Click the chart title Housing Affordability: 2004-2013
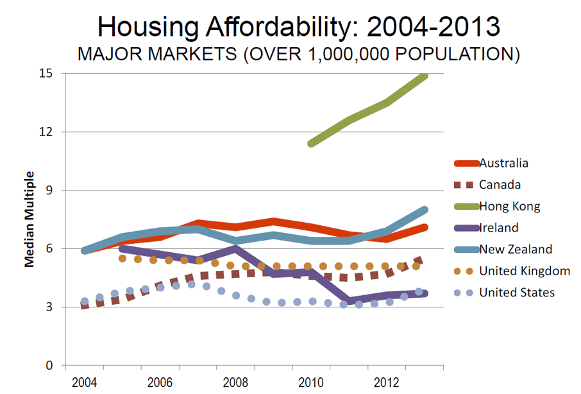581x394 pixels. click(x=299, y=27)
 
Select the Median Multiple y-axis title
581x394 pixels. click(x=29, y=219)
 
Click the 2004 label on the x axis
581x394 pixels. click(x=85, y=382)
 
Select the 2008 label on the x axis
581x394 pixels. click(x=236, y=382)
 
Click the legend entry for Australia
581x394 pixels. click(x=503, y=163)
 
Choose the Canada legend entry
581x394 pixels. click(x=500, y=185)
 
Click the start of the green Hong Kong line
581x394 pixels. click(x=311, y=143)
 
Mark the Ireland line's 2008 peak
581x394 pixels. click(x=236, y=248)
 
